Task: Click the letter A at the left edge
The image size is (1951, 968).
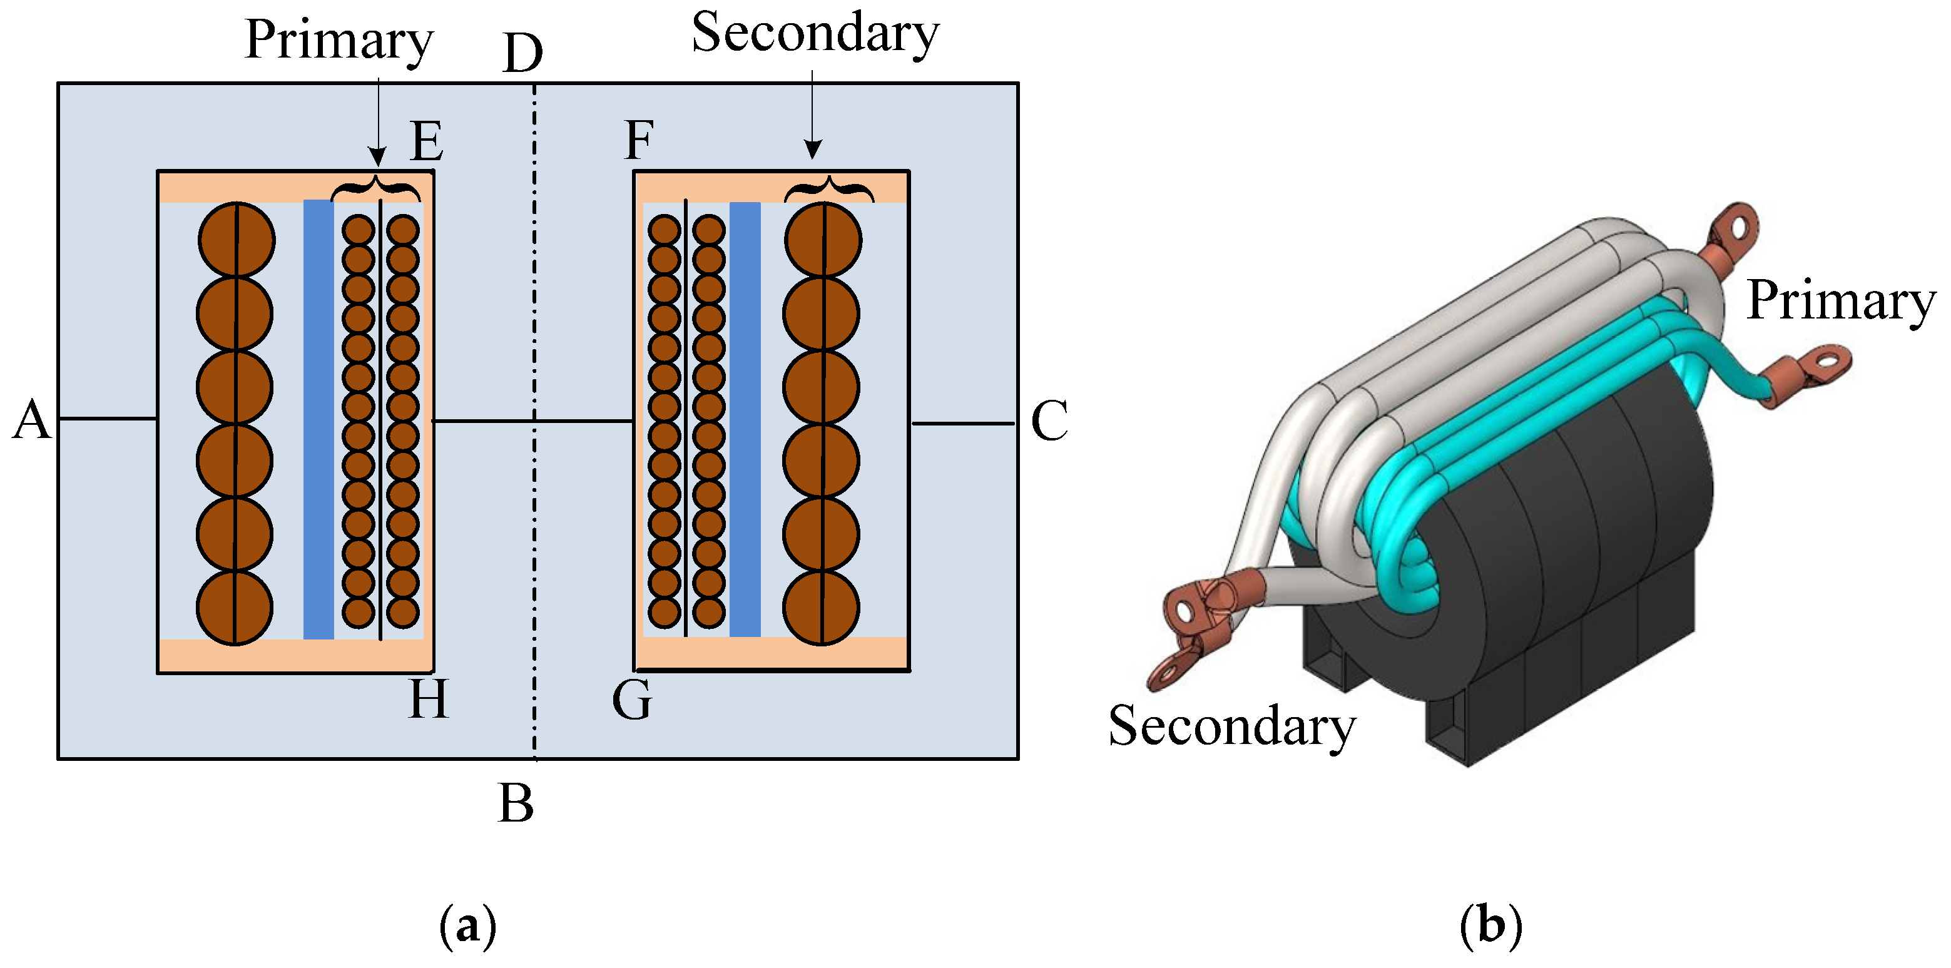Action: pyautogui.click(x=32, y=420)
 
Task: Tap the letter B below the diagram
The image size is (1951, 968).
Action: pyautogui.click(x=516, y=803)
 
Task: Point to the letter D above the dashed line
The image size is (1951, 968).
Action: pyautogui.click(x=523, y=53)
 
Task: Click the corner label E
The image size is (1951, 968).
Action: pyautogui.click(x=426, y=141)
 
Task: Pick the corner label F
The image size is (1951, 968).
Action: pyautogui.click(x=638, y=141)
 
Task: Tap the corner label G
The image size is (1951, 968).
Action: pyautogui.click(x=631, y=700)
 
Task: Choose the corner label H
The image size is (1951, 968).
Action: pyautogui.click(x=429, y=698)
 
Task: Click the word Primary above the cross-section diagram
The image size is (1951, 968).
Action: pyautogui.click(x=339, y=40)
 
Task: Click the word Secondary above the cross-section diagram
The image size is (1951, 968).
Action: pyautogui.click(x=815, y=34)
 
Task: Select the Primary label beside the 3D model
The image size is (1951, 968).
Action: pyautogui.click(x=1840, y=302)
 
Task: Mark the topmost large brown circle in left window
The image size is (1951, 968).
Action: pyautogui.click(x=237, y=240)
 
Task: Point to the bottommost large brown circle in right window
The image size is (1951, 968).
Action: pyautogui.click(x=821, y=608)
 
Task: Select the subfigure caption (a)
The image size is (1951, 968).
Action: pyautogui.click(x=467, y=925)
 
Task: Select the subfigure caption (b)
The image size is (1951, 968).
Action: pyautogui.click(x=1490, y=925)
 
